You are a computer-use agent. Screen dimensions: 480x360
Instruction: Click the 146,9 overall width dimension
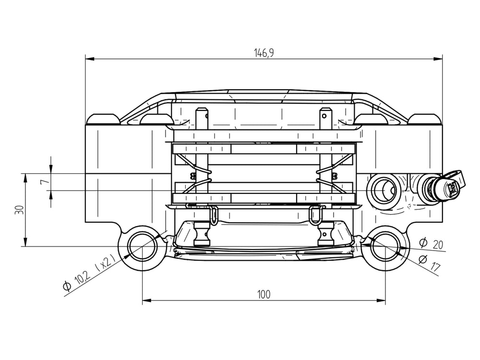click(x=264, y=53)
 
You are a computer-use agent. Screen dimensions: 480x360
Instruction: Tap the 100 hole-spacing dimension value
click(x=264, y=295)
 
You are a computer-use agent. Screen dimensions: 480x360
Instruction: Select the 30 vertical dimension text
click(x=19, y=210)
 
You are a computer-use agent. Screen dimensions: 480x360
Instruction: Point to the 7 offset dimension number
click(x=45, y=182)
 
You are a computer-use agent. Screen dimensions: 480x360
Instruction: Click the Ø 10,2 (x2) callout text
click(x=89, y=272)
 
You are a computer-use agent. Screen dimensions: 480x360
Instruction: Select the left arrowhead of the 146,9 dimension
click(x=89, y=59)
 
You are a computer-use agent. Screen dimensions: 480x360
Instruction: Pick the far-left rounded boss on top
click(x=103, y=119)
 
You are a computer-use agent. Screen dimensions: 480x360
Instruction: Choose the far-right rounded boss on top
click(x=424, y=119)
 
